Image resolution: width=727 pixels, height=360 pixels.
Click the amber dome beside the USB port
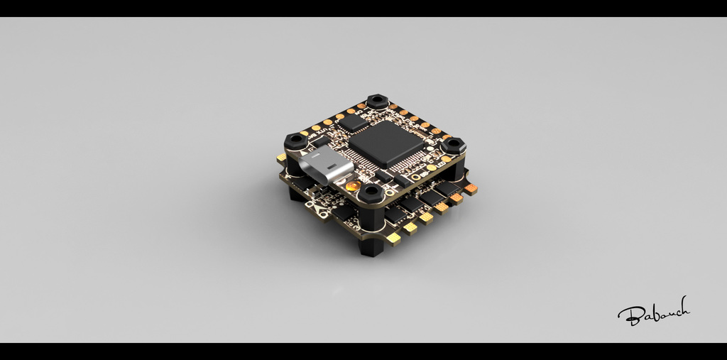(352, 186)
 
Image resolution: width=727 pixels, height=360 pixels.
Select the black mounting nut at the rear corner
(378, 101)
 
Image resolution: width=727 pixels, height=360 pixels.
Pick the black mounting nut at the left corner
(296, 141)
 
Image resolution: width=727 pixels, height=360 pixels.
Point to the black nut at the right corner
(452, 146)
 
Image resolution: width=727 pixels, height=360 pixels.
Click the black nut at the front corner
(370, 192)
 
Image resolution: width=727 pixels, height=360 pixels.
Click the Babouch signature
(653, 312)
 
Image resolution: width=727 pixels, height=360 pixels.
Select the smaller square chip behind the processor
(353, 122)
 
